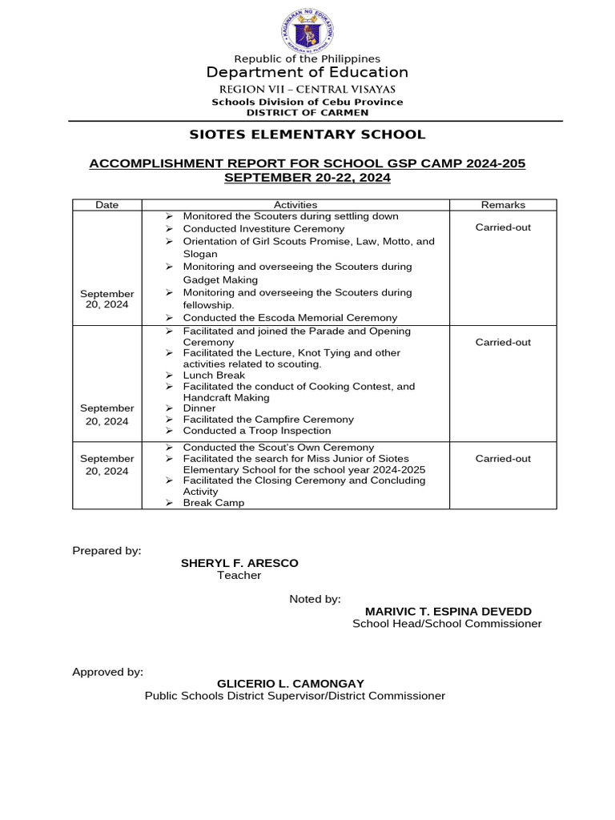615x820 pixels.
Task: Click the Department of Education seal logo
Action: pyautogui.click(x=307, y=33)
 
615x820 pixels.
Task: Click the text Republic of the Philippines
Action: pyautogui.click(x=307, y=58)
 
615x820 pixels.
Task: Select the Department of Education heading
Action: pyautogui.click(x=307, y=73)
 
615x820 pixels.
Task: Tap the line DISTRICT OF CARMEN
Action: pyautogui.click(x=307, y=113)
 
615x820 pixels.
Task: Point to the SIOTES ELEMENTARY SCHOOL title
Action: pyautogui.click(x=307, y=135)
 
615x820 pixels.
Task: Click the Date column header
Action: pyautogui.click(x=107, y=205)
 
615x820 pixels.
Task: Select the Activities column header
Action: pyautogui.click(x=295, y=205)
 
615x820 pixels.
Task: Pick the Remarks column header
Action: pyautogui.click(x=503, y=205)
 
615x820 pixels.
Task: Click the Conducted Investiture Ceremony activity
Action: pyautogui.click(x=252, y=228)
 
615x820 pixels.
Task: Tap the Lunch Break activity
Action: pyautogui.click(x=214, y=375)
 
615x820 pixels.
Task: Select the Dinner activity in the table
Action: pyautogui.click(x=199, y=408)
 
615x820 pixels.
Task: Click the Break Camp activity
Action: pyautogui.click(x=214, y=503)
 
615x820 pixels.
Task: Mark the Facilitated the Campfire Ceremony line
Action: pyautogui.click(x=268, y=420)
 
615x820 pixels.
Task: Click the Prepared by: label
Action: pyautogui.click(x=107, y=551)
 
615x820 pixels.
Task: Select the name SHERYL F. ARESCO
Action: pyautogui.click(x=239, y=563)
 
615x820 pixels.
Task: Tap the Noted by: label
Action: pyautogui.click(x=315, y=599)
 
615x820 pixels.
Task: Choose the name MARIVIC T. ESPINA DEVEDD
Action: pyautogui.click(x=448, y=611)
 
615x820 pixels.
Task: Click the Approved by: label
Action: pyautogui.click(x=108, y=672)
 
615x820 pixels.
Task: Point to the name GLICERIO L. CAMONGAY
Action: pyautogui.click(x=291, y=684)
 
